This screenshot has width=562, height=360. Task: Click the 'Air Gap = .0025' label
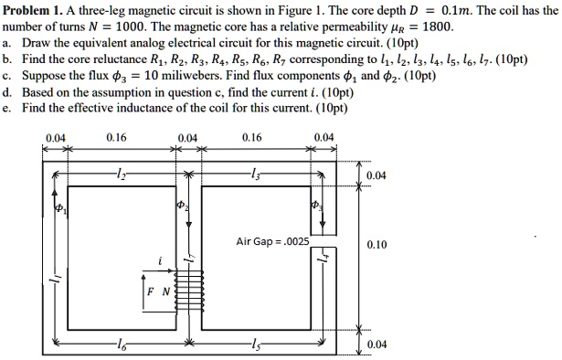pos(272,241)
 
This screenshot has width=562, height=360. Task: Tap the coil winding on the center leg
pos(190,291)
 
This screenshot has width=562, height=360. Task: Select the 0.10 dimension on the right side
pos(375,245)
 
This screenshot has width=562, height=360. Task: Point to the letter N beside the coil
pos(164,291)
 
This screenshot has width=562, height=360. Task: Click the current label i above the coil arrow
pos(161,259)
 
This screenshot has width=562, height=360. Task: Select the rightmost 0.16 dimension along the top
pos(254,138)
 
